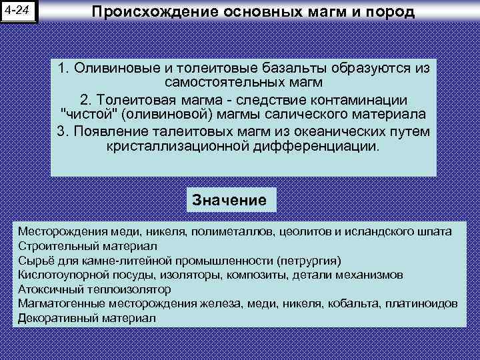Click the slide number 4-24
tap(19, 11)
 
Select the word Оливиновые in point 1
tap(111, 69)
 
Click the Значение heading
tap(229, 199)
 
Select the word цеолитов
tap(305, 231)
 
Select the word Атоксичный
tap(45, 289)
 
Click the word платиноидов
tap(426, 304)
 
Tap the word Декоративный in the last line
tap(51, 318)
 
